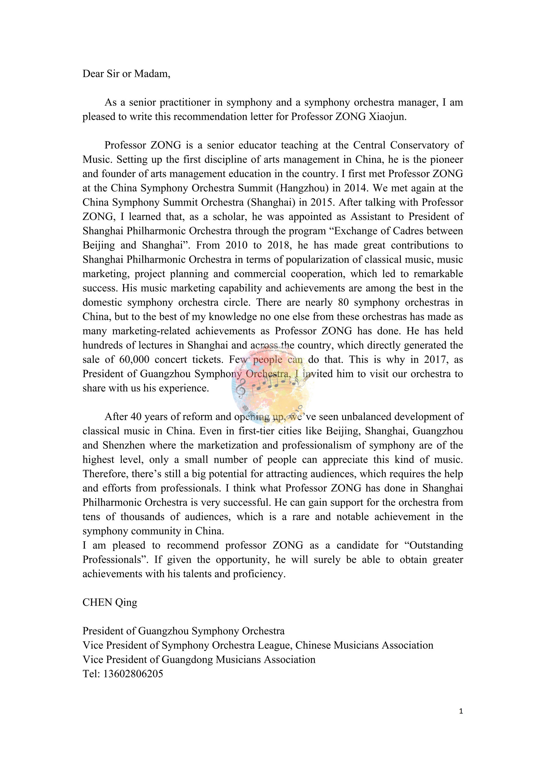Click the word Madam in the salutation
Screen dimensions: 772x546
tap(152, 74)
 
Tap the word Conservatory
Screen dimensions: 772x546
tap(417, 145)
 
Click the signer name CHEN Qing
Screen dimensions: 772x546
tap(110, 602)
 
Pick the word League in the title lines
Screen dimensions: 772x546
tap(275, 645)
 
